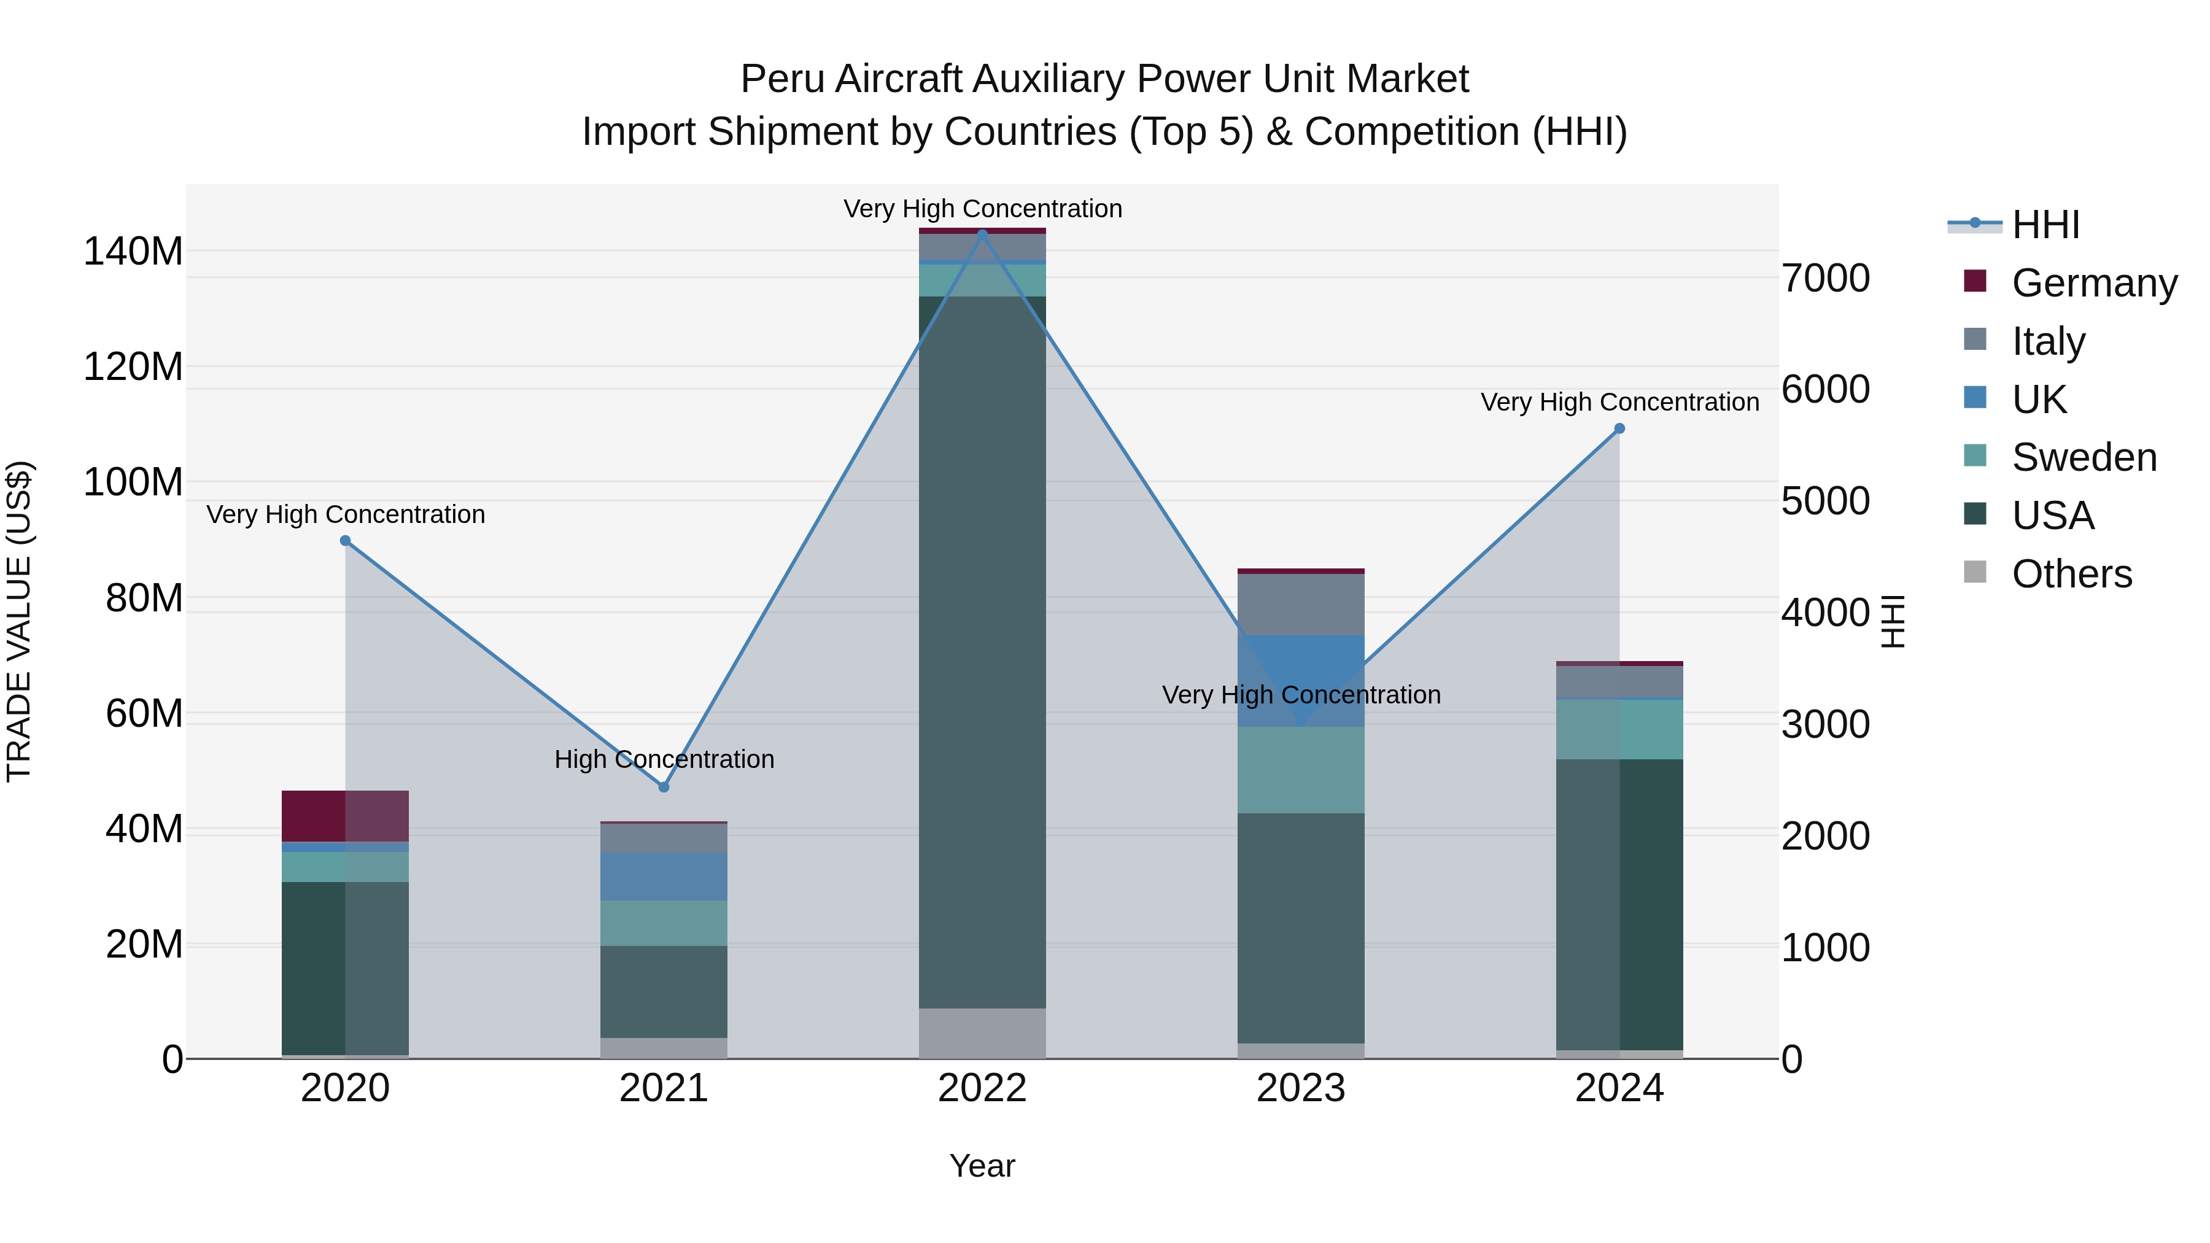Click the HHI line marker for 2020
click(x=345, y=540)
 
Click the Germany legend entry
click(x=2093, y=282)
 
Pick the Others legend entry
click(x=2071, y=573)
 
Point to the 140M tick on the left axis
click(x=133, y=251)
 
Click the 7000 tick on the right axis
click(x=1826, y=278)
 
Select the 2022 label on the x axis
click(x=982, y=1088)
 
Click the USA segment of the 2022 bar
click(x=982, y=652)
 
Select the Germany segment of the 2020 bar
click(x=345, y=816)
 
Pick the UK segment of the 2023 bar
click(x=1301, y=669)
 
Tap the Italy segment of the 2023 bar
click(x=1301, y=605)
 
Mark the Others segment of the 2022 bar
click(x=982, y=1033)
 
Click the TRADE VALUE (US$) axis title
click(x=19, y=621)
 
